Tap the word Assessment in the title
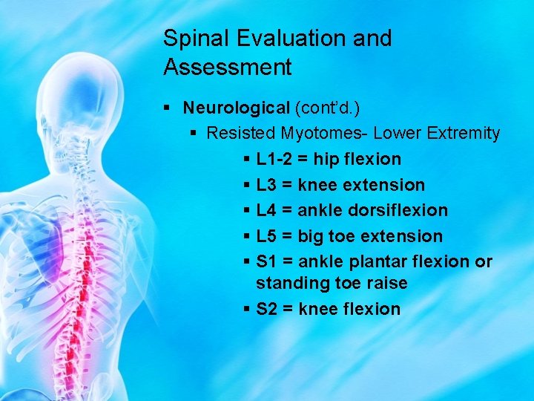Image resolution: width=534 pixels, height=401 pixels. point(228,68)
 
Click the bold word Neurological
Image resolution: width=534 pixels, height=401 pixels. point(237,108)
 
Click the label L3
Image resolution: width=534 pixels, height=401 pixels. point(268,185)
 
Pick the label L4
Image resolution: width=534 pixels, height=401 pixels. point(268,210)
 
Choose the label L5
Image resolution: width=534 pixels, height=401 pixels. point(268,236)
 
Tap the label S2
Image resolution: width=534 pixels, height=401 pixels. point(268,309)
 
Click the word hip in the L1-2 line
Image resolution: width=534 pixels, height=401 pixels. point(325,159)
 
